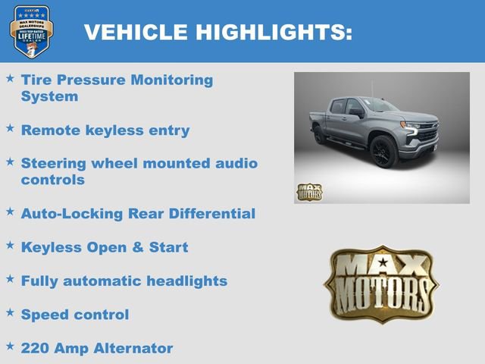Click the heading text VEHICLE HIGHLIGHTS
coord(217,32)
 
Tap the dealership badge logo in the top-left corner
coord(31,31)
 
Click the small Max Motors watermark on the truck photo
coord(308,192)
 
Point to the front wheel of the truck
coord(383,151)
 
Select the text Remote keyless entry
coord(105,130)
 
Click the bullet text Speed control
coord(75,314)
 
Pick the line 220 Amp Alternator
coord(97,348)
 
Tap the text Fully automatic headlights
coord(124,281)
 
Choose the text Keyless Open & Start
coord(105,247)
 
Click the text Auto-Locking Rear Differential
coord(138,214)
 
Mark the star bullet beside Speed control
coord(10,312)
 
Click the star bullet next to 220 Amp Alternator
coord(10,346)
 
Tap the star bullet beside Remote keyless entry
coord(10,127)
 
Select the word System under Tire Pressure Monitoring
coord(48,96)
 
